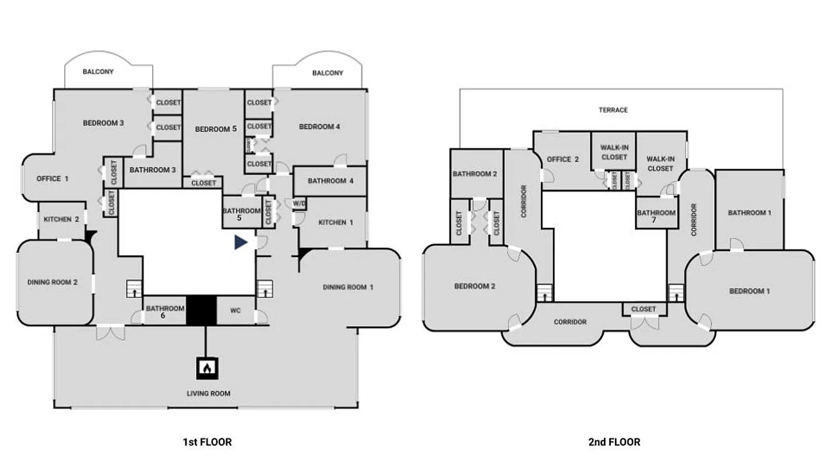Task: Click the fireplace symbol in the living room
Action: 206,367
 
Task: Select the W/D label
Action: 299,204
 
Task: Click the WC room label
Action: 236,311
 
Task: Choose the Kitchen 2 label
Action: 61,219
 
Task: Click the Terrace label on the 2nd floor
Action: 613,110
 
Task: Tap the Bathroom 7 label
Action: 656,217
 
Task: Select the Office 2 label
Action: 563,159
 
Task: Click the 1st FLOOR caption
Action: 207,442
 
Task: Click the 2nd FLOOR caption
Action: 614,442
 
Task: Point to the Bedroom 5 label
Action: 216,129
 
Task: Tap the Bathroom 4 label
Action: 331,181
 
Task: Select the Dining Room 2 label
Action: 52,283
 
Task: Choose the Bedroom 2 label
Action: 475,286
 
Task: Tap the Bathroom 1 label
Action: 749,212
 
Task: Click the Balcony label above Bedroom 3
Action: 98,72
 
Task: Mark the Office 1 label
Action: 52,179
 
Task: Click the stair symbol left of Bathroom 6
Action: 134,289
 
